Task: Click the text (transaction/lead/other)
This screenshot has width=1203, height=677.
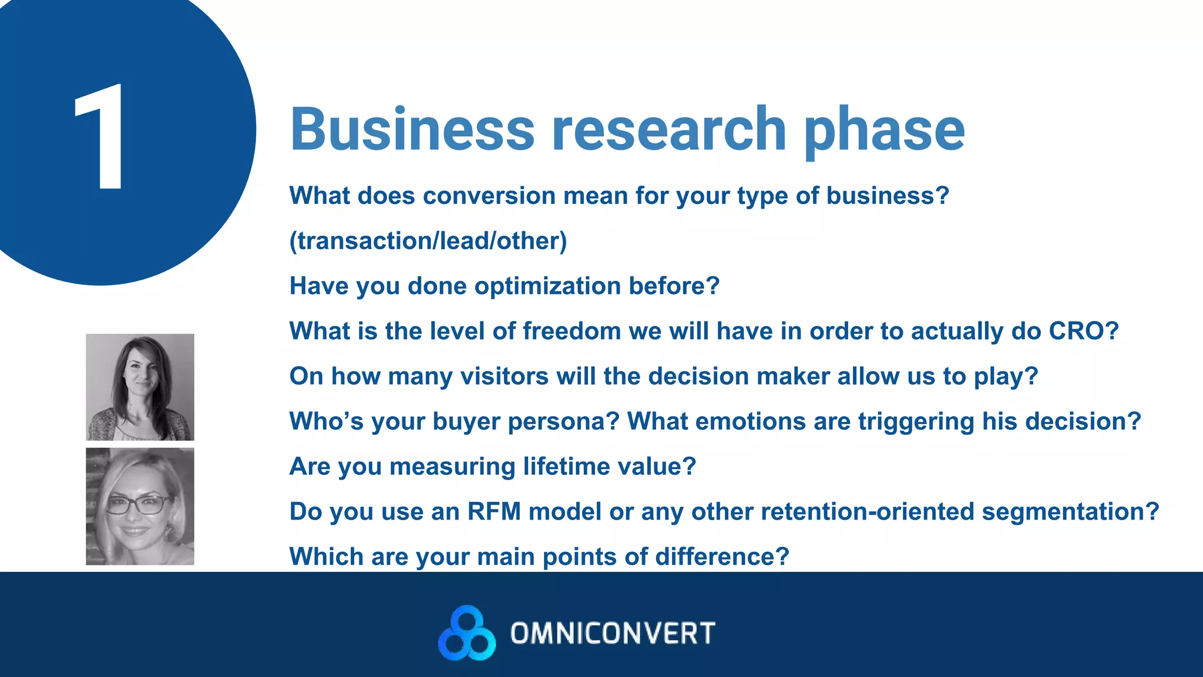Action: click(x=428, y=241)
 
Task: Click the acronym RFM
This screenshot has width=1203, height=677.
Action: click(x=494, y=512)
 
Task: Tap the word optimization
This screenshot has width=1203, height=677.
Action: click(x=547, y=287)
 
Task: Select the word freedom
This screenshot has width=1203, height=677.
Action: click(x=572, y=331)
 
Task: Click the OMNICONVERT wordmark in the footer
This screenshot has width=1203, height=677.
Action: click(x=613, y=634)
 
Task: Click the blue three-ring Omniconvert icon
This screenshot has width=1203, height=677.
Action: click(x=467, y=633)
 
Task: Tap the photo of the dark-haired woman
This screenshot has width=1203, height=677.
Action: click(x=140, y=387)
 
